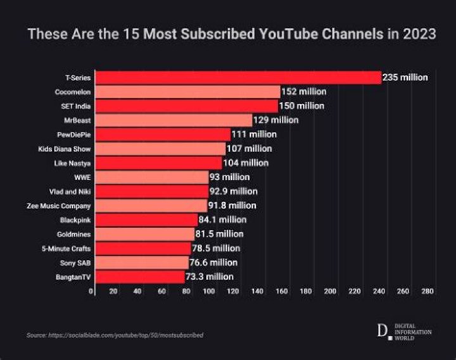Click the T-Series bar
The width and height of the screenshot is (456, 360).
point(238,77)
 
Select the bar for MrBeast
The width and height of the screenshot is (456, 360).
point(174,120)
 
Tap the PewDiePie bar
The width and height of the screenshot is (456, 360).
point(163,134)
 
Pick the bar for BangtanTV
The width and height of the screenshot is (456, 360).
point(140,277)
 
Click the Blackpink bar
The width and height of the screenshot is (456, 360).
point(146,220)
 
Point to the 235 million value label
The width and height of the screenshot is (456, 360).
point(405,77)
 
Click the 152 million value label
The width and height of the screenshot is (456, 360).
point(304,91)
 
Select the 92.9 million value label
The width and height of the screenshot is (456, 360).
point(233,191)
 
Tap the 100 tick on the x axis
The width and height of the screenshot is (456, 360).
point(209,291)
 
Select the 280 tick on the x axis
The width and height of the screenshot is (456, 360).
point(427,291)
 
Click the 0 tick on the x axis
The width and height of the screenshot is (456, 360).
point(91,291)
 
